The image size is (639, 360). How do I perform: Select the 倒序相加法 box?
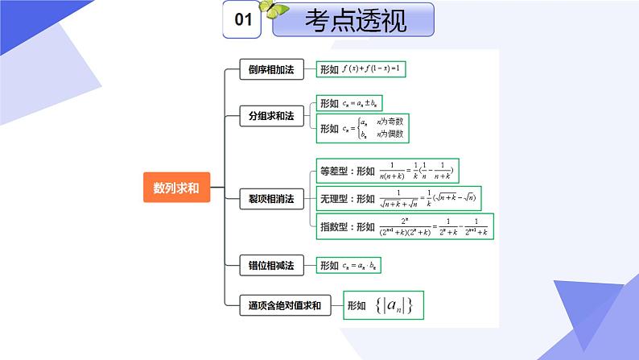[x=270, y=70]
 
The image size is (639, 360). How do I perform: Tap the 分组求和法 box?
[x=270, y=117]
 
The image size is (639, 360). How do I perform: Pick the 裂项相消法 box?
[x=270, y=197]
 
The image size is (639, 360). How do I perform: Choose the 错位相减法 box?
[x=270, y=264]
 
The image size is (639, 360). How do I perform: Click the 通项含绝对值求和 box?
[x=285, y=305]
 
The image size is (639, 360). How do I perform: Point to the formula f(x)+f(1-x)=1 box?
[x=361, y=70]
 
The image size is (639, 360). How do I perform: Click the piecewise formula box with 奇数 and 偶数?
[x=367, y=128]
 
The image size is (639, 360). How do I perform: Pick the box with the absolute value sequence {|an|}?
[x=383, y=305]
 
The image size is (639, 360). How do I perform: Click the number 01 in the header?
[x=243, y=21]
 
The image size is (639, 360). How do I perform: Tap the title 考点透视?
[x=353, y=21]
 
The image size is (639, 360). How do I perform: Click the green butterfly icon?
[x=278, y=10]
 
